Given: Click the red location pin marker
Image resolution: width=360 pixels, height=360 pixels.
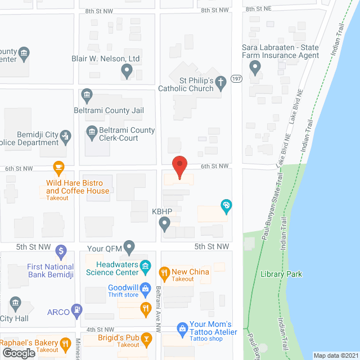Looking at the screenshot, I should pos(179,166).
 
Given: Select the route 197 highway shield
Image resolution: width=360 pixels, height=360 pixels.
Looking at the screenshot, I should pos(237,79).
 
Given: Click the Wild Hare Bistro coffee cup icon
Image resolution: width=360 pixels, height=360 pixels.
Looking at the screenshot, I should pos(57,167).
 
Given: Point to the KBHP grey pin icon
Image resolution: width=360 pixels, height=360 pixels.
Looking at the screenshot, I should pos(165,224).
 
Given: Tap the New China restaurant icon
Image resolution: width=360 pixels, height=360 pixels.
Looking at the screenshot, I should pos(164,273).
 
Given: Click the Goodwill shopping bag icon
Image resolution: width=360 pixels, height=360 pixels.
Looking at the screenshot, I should pos(146,289).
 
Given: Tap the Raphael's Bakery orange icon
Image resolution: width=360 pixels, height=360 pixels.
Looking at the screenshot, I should pos(65,343).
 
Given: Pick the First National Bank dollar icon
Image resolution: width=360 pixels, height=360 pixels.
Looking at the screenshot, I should pos(61,251).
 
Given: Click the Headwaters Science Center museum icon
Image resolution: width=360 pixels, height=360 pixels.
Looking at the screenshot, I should pos(145,265).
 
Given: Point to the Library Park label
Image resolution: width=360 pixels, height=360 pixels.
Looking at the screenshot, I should pos(281,274).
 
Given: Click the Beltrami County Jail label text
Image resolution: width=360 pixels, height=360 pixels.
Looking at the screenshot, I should pos(107,111).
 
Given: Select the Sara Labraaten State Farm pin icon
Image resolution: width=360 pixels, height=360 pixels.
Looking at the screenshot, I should pos(256,68).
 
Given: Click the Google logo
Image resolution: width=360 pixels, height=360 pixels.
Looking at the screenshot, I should pos(19,353).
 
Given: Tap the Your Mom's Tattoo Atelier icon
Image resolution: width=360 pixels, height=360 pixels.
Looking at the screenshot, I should pos(182,327).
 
